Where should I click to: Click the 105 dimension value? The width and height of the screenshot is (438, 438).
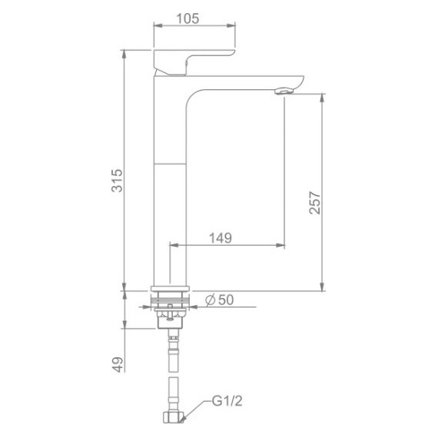pos(188,18)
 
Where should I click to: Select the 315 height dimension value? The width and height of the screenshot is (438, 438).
pos(117,181)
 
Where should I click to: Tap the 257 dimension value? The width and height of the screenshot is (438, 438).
pos(314,203)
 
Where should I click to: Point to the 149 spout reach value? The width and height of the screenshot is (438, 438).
pos(221,238)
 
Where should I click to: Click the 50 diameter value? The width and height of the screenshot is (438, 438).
pos(226,300)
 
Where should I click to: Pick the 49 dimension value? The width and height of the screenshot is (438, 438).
pos(118,364)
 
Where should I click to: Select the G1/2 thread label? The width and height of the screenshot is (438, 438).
pos(227,401)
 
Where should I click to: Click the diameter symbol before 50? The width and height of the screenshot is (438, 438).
pos(210,300)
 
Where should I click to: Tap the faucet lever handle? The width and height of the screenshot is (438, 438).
pos(194,62)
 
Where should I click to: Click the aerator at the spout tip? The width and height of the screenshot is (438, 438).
pos(284,91)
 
